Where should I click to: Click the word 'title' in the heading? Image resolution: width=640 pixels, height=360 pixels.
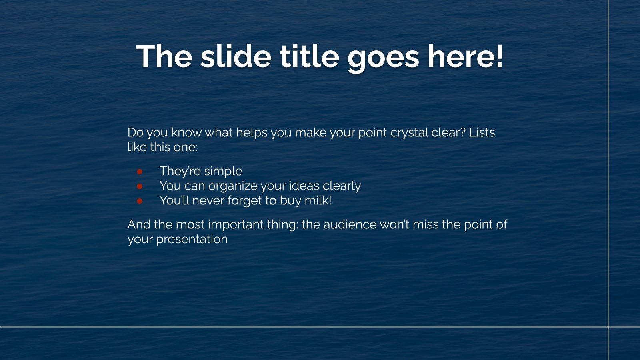pyautogui.click(x=310, y=56)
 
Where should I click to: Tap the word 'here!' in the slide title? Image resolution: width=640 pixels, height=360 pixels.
pyautogui.click(x=465, y=56)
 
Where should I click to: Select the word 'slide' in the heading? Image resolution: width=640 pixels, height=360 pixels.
pyautogui.click(x=236, y=56)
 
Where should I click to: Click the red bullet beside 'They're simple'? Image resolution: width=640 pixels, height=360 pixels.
pyautogui.click(x=140, y=172)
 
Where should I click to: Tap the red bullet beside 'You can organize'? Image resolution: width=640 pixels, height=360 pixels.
pyautogui.click(x=140, y=186)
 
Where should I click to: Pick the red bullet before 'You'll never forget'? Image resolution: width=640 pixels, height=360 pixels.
pyautogui.click(x=140, y=201)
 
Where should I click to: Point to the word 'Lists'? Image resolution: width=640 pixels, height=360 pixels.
pyautogui.click(x=482, y=132)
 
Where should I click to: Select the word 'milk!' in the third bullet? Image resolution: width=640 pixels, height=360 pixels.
pyautogui.click(x=318, y=200)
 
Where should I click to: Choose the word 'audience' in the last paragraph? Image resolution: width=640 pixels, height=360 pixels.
pyautogui.click(x=350, y=224)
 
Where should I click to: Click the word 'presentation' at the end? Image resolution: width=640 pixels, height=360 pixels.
pyautogui.click(x=192, y=240)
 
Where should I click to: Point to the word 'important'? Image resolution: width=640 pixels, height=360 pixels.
pyautogui.click(x=236, y=225)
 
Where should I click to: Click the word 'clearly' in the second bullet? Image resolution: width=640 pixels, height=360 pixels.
pyautogui.click(x=342, y=187)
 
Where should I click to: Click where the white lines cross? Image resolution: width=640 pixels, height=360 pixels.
pyautogui.click(x=608, y=327)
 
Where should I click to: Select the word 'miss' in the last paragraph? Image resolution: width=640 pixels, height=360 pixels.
pyautogui.click(x=426, y=224)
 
